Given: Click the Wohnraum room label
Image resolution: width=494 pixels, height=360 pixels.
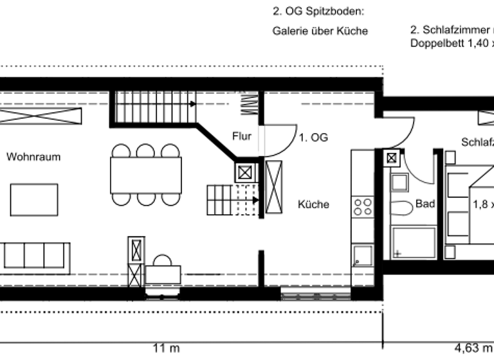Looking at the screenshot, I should pos(33,156).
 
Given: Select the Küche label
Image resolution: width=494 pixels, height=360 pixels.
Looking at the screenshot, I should pos(313,204).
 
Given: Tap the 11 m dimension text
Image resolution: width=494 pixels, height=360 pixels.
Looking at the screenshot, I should pos(166,348).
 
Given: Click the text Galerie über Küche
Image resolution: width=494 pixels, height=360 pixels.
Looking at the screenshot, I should pos(320,31).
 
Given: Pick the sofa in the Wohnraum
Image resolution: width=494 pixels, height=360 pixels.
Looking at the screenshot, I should pos(35,255).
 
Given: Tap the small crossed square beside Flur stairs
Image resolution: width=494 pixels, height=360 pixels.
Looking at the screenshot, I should pos(245,172).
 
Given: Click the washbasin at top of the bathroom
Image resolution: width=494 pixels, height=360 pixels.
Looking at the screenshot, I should pos(400,183).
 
